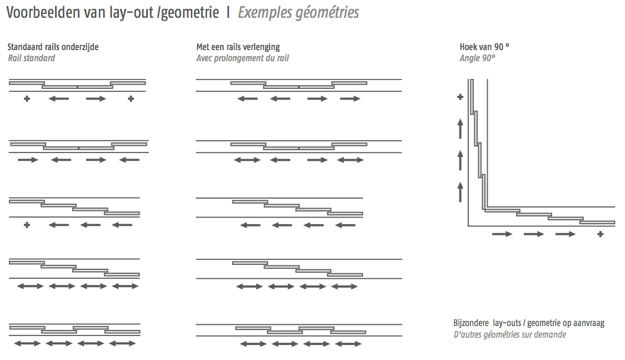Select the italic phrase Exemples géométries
point(299,13)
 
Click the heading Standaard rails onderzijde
point(53,47)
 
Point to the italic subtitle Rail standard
point(32,58)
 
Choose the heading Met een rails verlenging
point(238,47)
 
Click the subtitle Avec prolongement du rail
point(242,58)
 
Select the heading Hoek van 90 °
point(484,47)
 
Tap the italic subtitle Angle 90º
point(477,58)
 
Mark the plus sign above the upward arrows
point(460,97)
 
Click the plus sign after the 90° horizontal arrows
point(600,234)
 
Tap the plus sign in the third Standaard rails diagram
point(27,225)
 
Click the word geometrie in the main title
point(190,13)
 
